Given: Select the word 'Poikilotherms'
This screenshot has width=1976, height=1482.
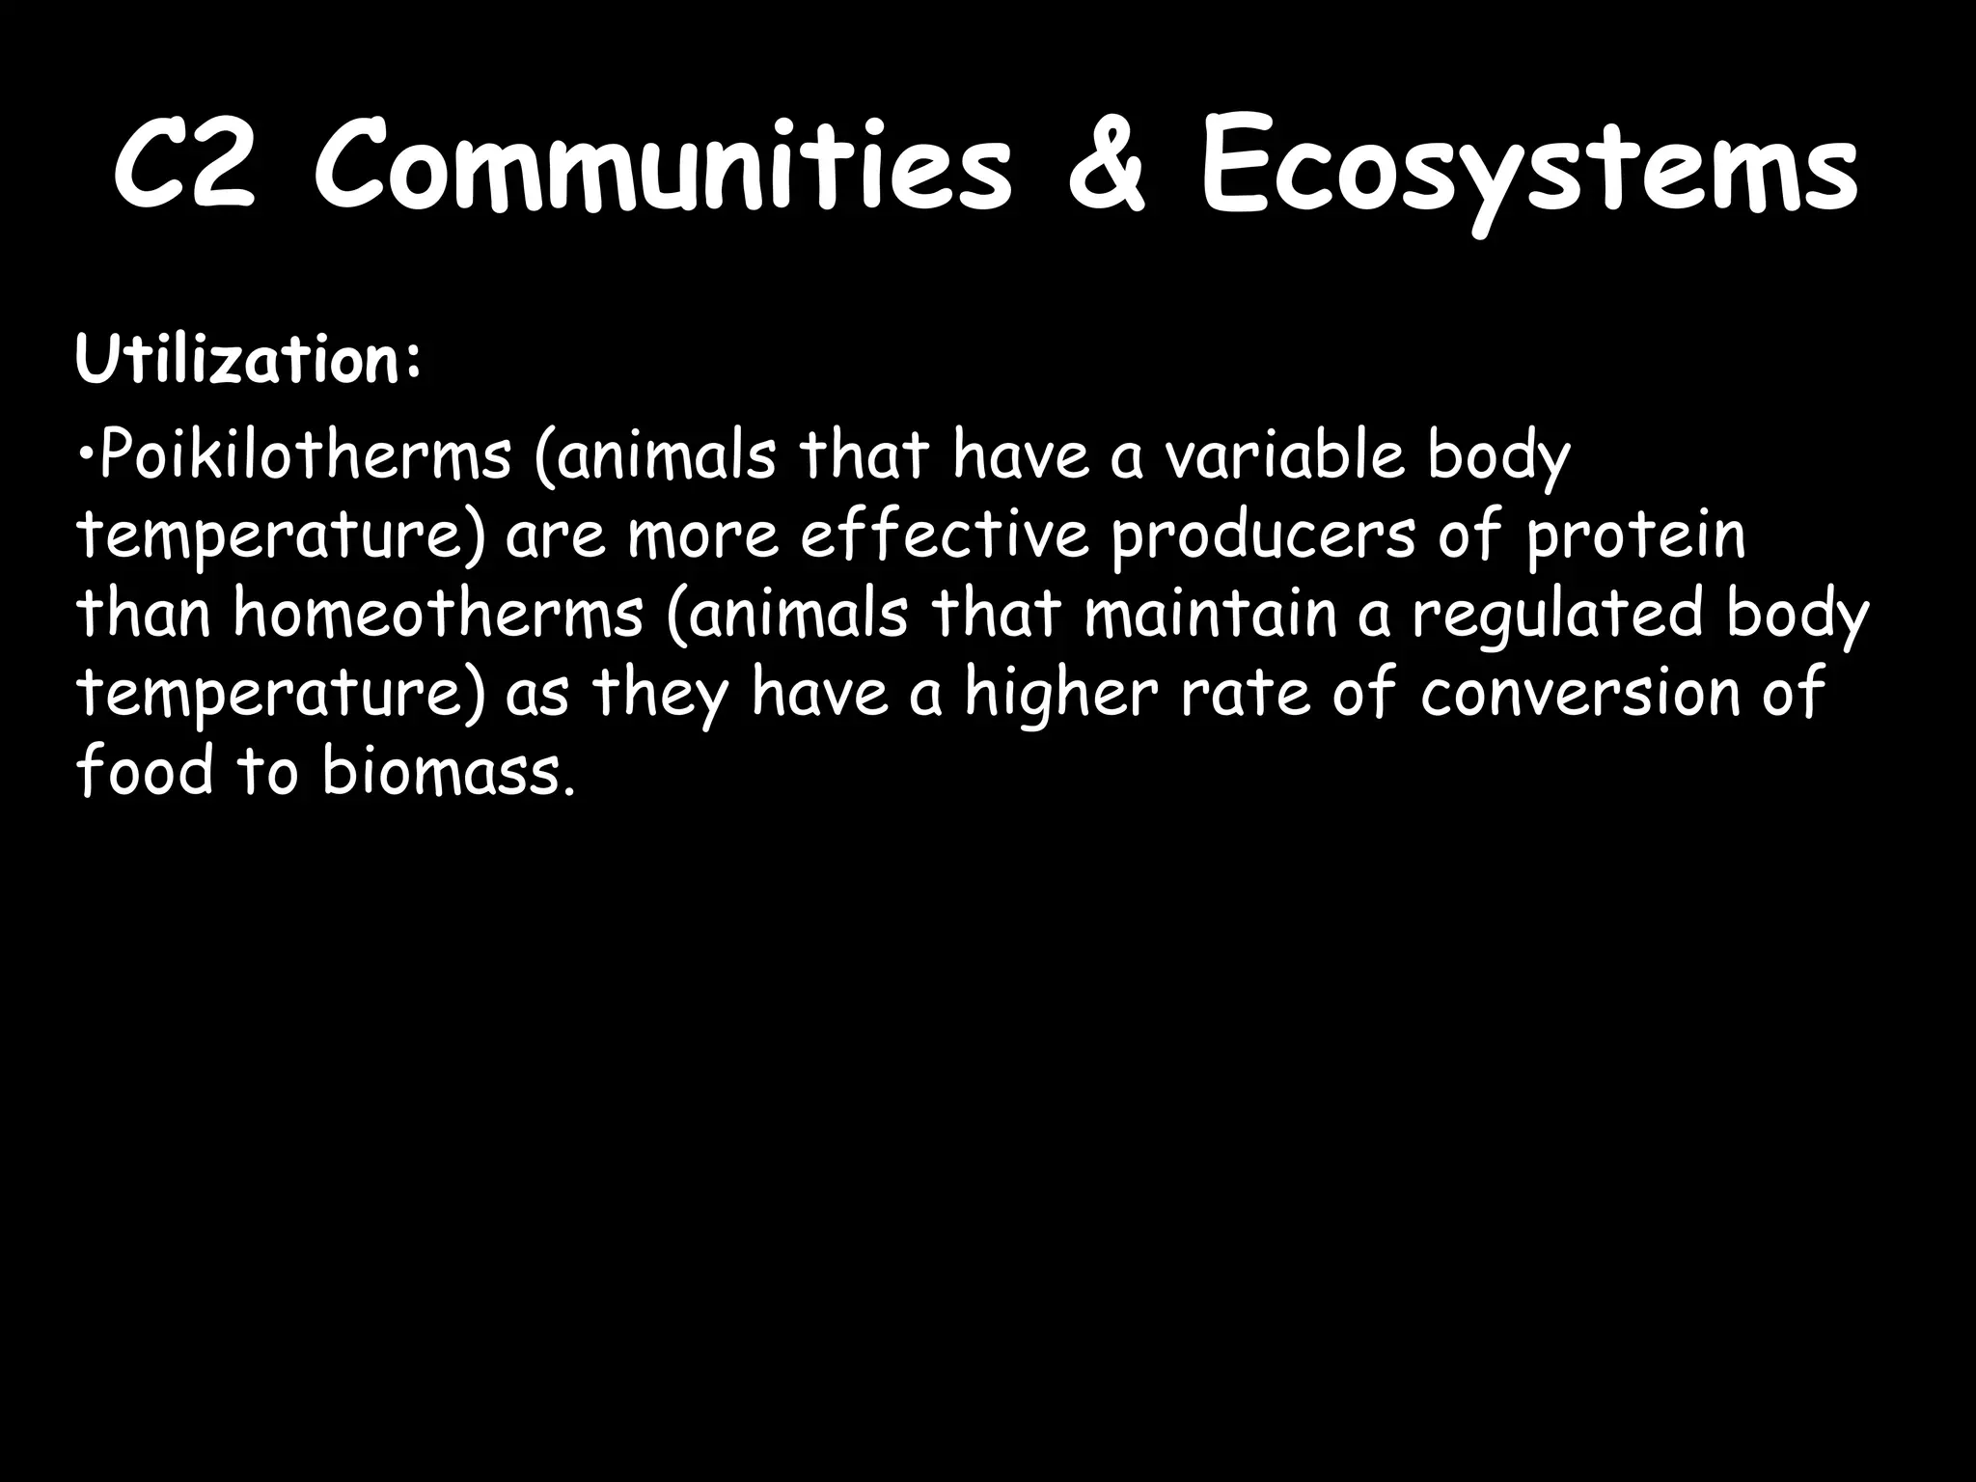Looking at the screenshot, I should (x=305, y=454).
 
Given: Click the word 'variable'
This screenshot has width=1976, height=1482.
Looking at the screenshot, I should (x=1284, y=454).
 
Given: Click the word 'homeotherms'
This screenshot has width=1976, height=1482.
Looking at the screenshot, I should (x=438, y=613).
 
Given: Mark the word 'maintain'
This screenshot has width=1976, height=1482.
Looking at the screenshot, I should (x=1210, y=613).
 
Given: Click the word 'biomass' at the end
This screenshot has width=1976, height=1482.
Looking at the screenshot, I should (x=440, y=771).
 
